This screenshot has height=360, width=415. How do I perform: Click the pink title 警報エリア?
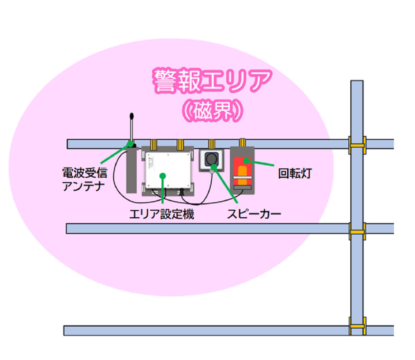pos(212,82)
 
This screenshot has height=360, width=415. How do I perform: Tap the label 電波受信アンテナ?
pos(84,179)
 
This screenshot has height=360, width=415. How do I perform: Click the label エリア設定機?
pos(162,214)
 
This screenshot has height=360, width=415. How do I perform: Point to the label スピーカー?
pos(254,214)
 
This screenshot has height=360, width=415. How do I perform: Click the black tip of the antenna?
pos(131,116)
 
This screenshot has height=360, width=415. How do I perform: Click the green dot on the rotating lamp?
pos(246,160)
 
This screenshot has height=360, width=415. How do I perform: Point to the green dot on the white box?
pos(163,176)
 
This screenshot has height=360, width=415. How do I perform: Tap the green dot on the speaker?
pos(213,167)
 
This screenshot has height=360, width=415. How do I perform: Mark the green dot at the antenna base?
pos(130,143)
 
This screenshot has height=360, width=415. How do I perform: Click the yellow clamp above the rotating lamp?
pos(242,142)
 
